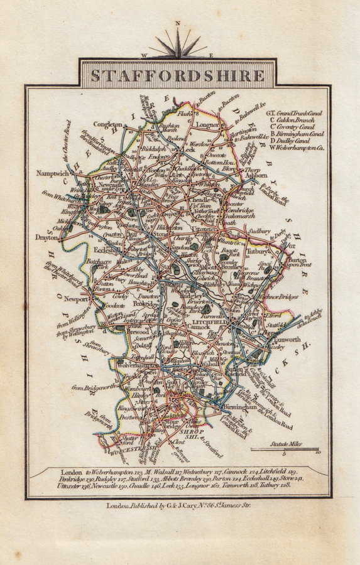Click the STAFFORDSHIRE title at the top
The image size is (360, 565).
coord(178,75)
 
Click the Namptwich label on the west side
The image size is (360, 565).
coord(52,171)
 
